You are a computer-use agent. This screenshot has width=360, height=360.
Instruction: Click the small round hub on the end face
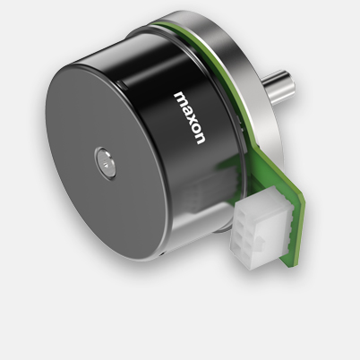click(x=104, y=164)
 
